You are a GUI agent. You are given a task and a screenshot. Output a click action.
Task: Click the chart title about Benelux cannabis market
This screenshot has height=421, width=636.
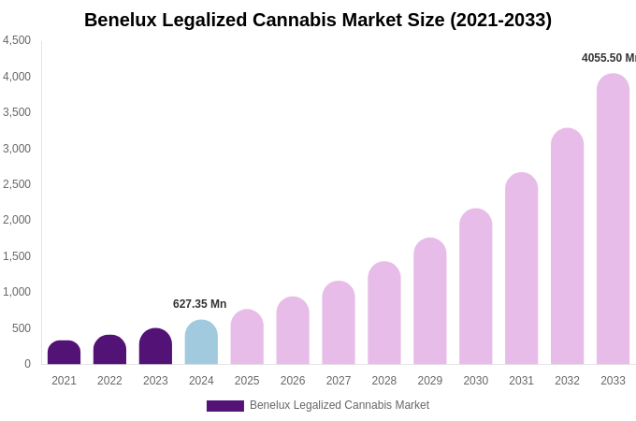tap(318, 20)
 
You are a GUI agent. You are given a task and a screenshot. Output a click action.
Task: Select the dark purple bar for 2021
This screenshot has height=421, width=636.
tap(64, 353)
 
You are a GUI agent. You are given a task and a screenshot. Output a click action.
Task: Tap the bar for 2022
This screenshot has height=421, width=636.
tap(109, 350)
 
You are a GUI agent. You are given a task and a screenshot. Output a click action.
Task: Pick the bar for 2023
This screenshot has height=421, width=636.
tap(155, 346)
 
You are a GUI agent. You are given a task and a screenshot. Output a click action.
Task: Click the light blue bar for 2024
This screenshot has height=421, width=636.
tap(201, 342)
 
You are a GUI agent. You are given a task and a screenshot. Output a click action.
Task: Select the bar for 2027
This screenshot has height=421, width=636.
tap(339, 323)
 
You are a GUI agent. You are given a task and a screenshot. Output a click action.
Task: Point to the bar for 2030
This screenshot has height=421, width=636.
tap(475, 286)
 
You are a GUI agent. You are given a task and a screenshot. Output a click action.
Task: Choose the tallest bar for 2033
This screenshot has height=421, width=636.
tap(613, 219)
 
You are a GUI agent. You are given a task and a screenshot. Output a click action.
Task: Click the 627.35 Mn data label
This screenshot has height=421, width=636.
tap(199, 304)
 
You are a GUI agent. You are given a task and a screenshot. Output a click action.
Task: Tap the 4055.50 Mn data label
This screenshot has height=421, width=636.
tap(608, 58)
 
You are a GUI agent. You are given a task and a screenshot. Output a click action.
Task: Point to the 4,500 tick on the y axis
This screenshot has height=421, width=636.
tap(17, 40)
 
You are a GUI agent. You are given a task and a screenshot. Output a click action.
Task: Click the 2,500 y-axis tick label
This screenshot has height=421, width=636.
tap(17, 184)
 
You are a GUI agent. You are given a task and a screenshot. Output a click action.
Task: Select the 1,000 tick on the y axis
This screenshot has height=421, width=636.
tap(17, 292)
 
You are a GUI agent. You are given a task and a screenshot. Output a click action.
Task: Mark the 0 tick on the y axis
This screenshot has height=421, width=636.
tap(27, 364)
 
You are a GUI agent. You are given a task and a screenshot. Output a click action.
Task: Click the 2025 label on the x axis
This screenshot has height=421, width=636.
tap(247, 381)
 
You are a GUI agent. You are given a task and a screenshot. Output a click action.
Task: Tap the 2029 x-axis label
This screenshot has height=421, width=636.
tap(430, 381)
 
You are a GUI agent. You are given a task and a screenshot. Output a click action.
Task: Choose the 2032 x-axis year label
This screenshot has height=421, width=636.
tap(567, 381)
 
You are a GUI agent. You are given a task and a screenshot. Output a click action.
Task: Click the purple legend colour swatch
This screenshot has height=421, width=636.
tap(224, 406)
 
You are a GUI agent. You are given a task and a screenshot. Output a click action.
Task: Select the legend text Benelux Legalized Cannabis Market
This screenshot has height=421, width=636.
tap(340, 405)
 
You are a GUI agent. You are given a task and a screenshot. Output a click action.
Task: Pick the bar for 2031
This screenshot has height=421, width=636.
tap(521, 269)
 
